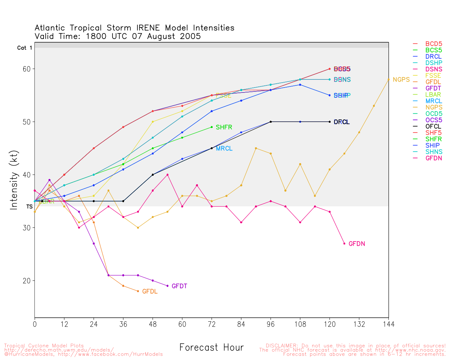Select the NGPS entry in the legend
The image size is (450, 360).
(433, 107)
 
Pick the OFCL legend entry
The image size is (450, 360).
(433, 126)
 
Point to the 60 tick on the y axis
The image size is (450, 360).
(26, 69)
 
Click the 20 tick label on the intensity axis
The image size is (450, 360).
(26, 281)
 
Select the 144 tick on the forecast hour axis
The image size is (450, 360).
(388, 324)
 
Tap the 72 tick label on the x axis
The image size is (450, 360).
(212, 324)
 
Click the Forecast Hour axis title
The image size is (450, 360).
(211, 347)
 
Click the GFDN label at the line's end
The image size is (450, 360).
(356, 244)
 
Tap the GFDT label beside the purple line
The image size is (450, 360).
(179, 286)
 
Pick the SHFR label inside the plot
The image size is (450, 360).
(224, 127)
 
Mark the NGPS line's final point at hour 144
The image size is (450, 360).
(388, 79)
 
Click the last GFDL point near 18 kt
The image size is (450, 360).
(138, 291)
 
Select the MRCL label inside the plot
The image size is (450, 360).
(224, 149)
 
